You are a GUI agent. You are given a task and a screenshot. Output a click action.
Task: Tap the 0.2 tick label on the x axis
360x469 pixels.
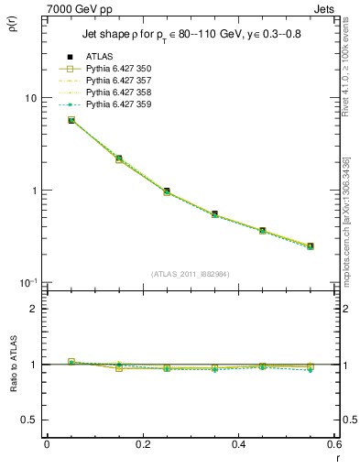142,444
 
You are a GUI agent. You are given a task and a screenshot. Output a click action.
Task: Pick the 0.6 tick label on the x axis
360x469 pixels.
333,444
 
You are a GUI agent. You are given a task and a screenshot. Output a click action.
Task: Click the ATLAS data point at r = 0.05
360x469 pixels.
71,120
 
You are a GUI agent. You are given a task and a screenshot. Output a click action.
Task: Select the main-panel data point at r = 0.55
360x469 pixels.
311,245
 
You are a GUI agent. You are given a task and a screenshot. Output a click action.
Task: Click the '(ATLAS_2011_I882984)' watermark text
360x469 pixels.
191,274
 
